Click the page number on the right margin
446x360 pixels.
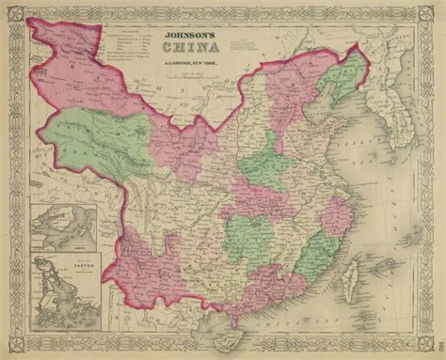point(435,319)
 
